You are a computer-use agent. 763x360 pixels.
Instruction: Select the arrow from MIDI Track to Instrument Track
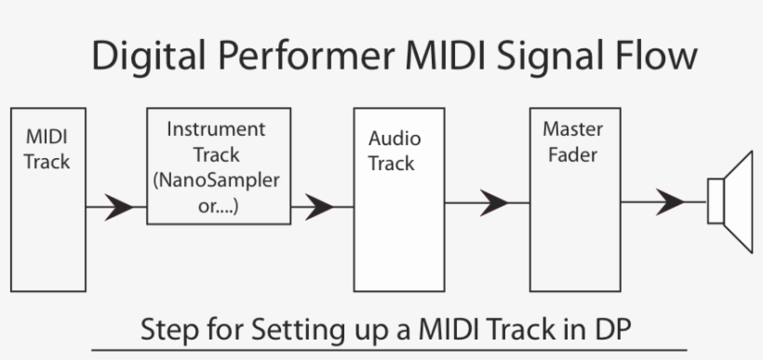pyautogui.click(x=116, y=207)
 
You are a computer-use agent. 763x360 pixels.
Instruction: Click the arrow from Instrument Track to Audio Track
pyautogui.click(x=318, y=207)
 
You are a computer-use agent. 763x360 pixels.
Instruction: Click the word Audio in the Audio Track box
pyautogui.click(x=394, y=139)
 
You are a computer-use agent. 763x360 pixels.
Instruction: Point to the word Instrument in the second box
pyautogui.click(x=216, y=129)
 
